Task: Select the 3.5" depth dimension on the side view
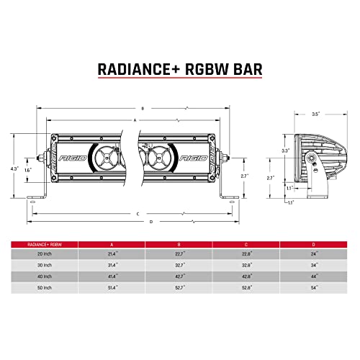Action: coord(315,114)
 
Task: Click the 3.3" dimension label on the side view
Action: coord(285,150)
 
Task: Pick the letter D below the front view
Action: coord(150,221)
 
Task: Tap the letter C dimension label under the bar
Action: coord(137,213)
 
